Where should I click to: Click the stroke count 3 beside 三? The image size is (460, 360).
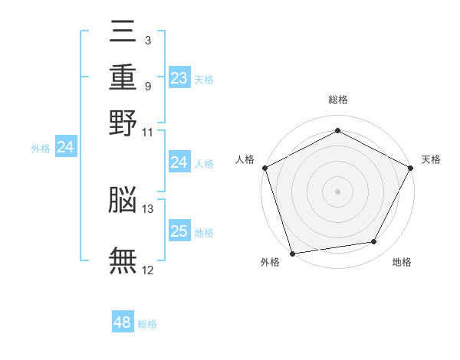147,40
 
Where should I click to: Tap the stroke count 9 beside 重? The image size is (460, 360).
147,85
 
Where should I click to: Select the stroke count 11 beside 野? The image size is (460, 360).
148,131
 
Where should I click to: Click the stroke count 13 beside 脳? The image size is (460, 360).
148,208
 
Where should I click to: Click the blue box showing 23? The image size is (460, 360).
179,78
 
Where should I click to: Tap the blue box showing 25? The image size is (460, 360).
179,231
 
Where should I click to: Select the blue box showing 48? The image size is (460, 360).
123,322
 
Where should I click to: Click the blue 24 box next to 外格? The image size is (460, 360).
65,147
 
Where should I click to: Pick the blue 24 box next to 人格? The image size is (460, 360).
179,162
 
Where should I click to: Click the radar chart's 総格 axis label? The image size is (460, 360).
337,100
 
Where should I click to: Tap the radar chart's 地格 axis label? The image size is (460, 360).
402,263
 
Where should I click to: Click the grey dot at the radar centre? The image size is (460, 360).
337,191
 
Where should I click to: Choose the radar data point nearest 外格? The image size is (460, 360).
292,253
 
